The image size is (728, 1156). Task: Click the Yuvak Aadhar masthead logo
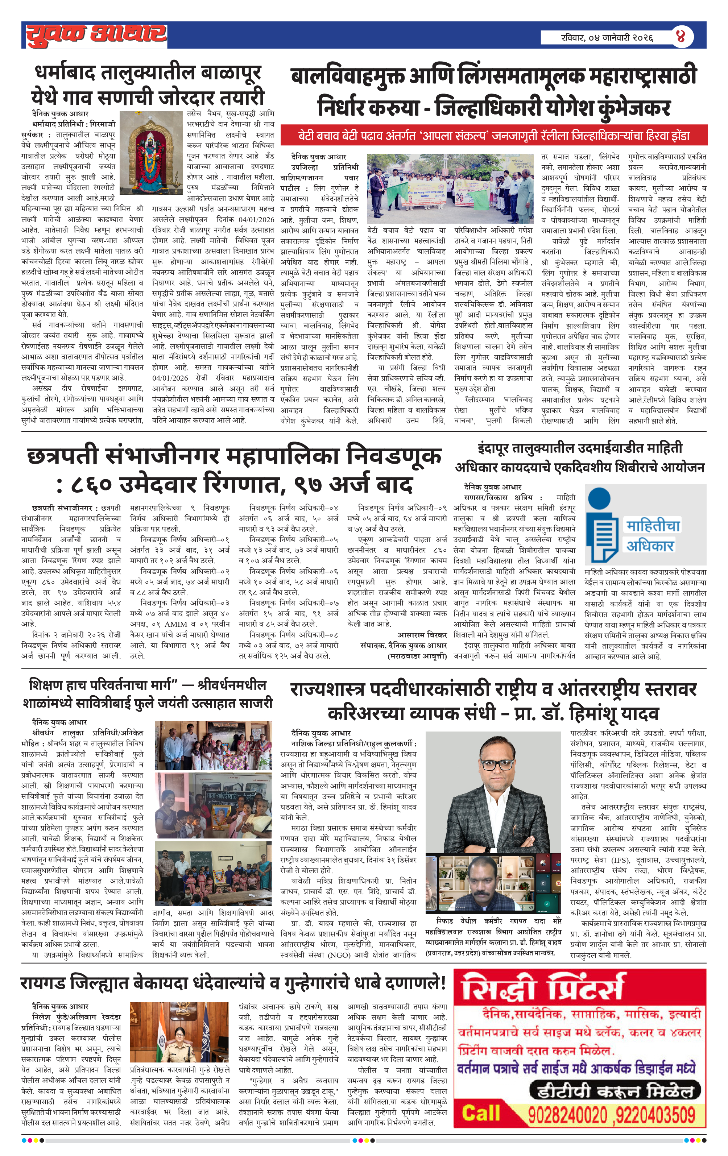click(96, 34)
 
